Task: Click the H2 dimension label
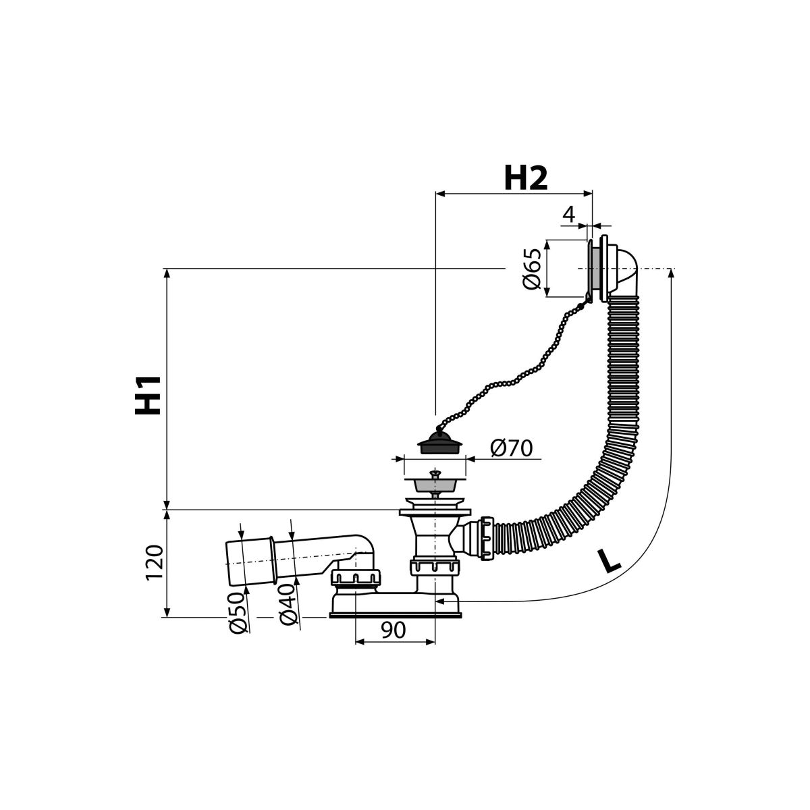[x=526, y=178]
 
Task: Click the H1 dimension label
[x=148, y=395]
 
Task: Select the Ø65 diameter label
[x=531, y=269]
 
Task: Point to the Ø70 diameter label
[x=511, y=448]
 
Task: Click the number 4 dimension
[x=568, y=215]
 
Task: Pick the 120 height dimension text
[x=154, y=563]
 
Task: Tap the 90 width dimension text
[x=394, y=629]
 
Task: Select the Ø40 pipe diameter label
[x=288, y=605]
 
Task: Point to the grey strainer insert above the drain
[x=435, y=485]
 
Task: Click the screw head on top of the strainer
[x=435, y=474]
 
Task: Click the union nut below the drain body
[x=435, y=568]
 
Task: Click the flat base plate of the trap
[x=395, y=616]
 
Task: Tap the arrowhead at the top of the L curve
[x=671, y=273]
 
